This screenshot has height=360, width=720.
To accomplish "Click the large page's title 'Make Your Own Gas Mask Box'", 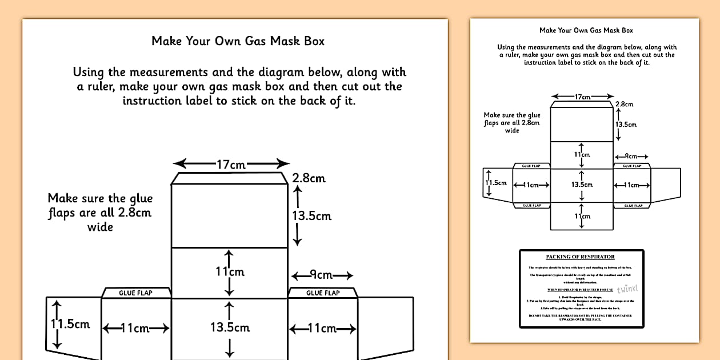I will (x=238, y=41).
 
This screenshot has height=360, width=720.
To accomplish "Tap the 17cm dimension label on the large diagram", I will (x=231, y=165).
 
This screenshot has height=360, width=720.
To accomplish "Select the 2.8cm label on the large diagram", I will (x=309, y=178).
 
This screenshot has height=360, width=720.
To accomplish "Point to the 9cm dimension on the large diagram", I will (x=322, y=275).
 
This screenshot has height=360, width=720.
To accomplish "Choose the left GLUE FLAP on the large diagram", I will (x=135, y=293).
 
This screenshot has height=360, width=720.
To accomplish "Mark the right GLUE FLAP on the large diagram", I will (x=323, y=293).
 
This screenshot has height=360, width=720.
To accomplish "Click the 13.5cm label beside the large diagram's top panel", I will (x=311, y=216).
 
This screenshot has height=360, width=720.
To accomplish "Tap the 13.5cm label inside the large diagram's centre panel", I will (x=230, y=327).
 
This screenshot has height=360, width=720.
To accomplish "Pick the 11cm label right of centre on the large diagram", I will (x=322, y=328).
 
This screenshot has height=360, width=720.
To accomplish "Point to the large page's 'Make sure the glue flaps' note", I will (x=100, y=213).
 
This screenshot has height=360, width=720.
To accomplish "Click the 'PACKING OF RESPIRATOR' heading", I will (x=580, y=257).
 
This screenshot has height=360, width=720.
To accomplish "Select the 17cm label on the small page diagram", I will (x=582, y=97).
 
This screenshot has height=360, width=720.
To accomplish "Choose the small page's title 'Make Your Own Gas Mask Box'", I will (x=586, y=30).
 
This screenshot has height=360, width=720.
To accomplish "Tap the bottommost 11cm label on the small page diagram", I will (x=582, y=217).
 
